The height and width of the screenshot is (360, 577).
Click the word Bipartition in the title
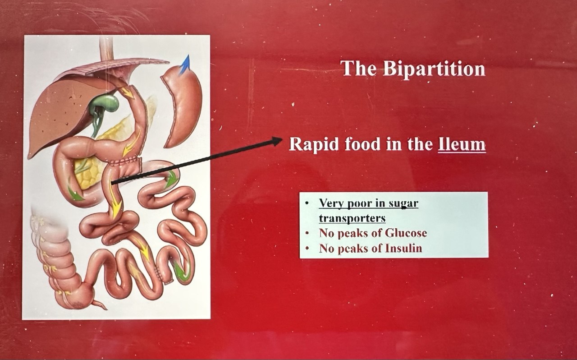point(434,69)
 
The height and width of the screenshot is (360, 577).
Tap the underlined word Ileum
point(462,144)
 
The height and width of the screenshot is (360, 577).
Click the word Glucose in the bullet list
point(406,233)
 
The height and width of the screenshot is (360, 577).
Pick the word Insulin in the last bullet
point(403,248)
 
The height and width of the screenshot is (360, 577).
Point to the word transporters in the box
point(352,218)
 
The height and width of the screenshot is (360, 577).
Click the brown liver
point(64,114)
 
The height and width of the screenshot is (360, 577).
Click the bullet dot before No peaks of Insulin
point(307,249)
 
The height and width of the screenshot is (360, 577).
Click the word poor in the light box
point(358,204)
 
